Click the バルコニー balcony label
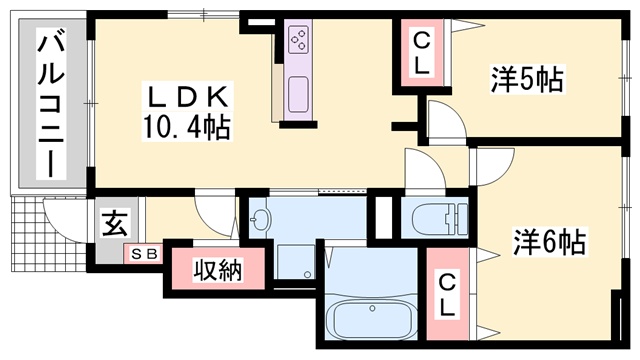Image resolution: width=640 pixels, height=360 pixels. point(51,103)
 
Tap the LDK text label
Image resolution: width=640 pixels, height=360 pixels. point(187,97)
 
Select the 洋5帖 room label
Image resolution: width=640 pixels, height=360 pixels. point(527,79)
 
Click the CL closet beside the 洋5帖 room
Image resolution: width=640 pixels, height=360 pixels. point(422,53)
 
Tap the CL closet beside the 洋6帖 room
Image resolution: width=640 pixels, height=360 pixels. point(447,294)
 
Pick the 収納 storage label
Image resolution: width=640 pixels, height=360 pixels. point(218,270)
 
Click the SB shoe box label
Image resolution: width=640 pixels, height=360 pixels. point(144,254)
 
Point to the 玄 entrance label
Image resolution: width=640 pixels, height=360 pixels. point(115,223)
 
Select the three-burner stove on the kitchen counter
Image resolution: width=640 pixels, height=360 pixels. point(298,39)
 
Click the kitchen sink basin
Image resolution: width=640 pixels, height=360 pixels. point(298,95)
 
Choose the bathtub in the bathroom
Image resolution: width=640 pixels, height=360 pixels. point(371,319)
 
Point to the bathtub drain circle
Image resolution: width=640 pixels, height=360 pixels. point(372,309)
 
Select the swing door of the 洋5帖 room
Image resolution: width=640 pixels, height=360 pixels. point(446,120)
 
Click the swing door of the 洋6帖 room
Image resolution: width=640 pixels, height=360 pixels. point(493,167)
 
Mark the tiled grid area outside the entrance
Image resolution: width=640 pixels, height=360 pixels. point(48,233)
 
